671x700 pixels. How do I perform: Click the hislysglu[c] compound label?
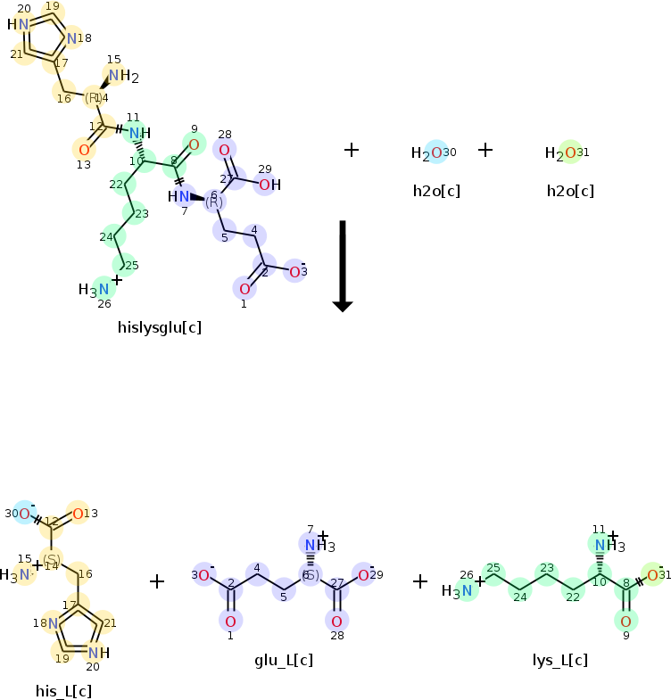coord(160,327)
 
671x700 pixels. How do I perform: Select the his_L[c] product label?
coord(63,690)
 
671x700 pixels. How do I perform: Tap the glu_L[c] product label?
coord(284,660)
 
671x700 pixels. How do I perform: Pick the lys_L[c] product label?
coord(559,660)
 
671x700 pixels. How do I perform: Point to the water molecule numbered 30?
coord(428,152)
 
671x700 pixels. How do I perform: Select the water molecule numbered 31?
coord(562,153)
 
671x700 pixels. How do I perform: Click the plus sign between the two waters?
coord(485,150)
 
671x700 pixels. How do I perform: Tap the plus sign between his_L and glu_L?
coord(157,582)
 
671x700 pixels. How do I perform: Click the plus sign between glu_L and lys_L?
coord(421,582)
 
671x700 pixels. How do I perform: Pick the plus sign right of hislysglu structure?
coord(352,150)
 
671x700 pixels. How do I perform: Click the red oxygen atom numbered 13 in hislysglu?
coord(84,149)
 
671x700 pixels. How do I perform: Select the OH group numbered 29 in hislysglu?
coord(269,185)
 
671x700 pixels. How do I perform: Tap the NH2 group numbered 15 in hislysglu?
coord(122,77)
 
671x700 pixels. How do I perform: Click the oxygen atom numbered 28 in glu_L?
coord(336,621)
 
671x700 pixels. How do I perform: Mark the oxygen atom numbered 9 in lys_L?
coord(625,621)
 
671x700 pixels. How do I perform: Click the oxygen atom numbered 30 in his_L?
coord(25,513)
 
